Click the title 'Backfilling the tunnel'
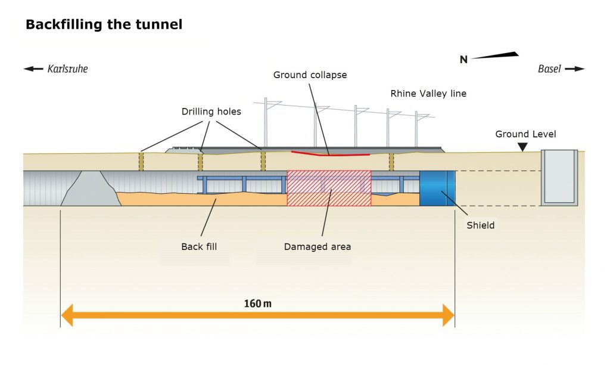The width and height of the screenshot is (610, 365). [x=104, y=25]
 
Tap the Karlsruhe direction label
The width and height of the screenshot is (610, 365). [x=67, y=69]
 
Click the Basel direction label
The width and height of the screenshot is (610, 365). [x=549, y=69]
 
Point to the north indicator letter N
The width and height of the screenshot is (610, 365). [x=463, y=59]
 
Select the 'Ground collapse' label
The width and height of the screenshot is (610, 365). [x=310, y=75]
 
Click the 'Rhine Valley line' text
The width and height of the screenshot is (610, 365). [x=428, y=94]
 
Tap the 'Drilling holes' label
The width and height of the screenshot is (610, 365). [x=211, y=112]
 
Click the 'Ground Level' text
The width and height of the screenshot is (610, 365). [x=525, y=134]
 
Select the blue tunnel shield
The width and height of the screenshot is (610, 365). [x=437, y=188]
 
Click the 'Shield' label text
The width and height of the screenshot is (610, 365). [x=481, y=225]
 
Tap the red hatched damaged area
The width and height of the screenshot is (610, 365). [x=329, y=188]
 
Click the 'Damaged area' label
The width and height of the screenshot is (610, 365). [x=318, y=246]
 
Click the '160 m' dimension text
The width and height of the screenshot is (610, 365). [x=257, y=304]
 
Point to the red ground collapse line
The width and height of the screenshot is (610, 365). [x=330, y=154]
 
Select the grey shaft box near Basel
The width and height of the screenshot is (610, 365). [x=559, y=177]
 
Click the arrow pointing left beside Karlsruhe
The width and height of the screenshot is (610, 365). [x=33, y=69]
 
